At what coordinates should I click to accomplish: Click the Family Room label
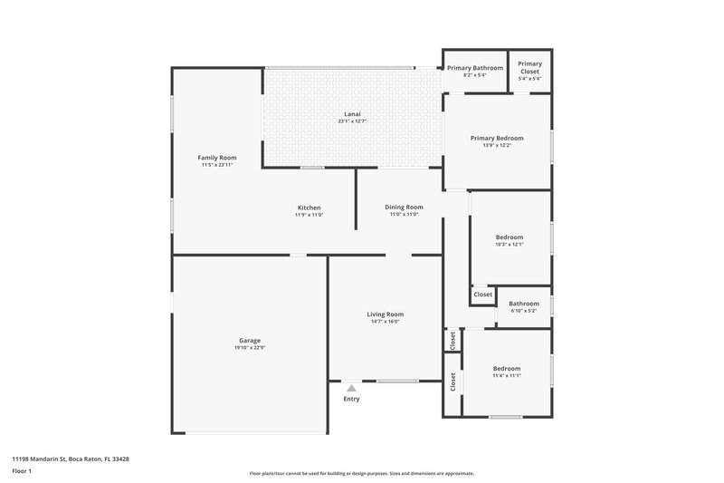217,158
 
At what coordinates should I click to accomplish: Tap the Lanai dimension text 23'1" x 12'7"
352,121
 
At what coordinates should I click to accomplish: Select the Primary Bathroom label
474,67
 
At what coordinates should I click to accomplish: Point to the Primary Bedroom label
497,138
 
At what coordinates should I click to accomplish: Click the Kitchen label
309,207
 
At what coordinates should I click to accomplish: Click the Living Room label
385,314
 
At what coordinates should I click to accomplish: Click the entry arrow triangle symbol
351,388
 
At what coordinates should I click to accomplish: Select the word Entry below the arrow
351,399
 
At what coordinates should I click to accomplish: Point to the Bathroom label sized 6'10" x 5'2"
524,304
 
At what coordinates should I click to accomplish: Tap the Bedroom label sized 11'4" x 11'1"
507,368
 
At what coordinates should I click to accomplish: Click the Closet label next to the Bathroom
482,295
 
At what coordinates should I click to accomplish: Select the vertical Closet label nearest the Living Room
452,340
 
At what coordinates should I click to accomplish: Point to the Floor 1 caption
22,471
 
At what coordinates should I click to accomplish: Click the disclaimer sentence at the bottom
361,473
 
